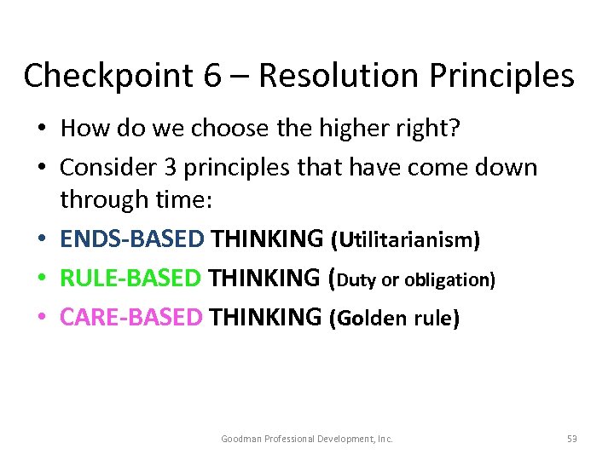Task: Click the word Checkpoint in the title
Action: [100, 76]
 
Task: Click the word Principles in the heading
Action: [501, 76]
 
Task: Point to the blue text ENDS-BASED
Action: [132, 239]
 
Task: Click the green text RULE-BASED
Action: [130, 279]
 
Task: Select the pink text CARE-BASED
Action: [131, 318]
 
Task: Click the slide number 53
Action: [571, 439]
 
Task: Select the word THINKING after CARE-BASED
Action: [265, 318]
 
